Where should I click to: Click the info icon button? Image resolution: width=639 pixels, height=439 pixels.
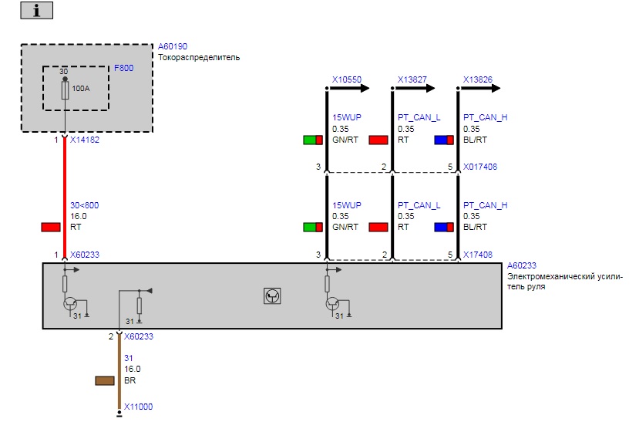[37, 11]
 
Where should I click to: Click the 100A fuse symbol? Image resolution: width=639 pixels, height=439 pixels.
[66, 90]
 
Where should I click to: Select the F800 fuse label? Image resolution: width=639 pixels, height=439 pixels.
[123, 68]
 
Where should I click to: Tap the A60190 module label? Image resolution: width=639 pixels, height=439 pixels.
[173, 46]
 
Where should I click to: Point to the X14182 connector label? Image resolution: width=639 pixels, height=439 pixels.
[85, 140]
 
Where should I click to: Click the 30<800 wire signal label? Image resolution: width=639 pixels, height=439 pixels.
[84, 205]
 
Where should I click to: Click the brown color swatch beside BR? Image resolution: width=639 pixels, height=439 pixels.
[105, 380]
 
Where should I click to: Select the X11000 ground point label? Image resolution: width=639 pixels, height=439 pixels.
[139, 407]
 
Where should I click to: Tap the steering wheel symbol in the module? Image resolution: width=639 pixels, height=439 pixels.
[272, 295]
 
